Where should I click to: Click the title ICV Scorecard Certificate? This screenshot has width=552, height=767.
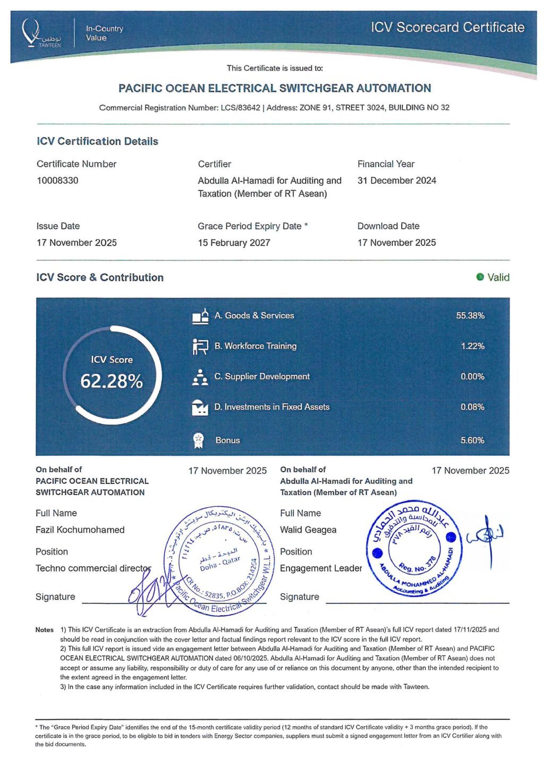[447, 28]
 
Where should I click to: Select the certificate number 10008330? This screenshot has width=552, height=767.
[57, 181]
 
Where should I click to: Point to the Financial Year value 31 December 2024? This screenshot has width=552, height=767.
[396, 181]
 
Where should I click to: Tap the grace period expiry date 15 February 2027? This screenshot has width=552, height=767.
[234, 243]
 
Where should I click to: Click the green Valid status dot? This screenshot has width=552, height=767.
[480, 277]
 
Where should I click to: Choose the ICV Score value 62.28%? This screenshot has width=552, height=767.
[112, 381]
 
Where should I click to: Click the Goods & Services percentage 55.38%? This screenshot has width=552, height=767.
[470, 316]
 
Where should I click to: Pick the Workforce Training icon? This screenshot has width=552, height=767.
[200, 346]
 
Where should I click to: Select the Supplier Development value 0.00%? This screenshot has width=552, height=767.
[472, 377]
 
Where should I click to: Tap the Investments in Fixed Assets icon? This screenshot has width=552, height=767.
[199, 407]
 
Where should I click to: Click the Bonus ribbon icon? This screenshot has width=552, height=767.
[199, 440]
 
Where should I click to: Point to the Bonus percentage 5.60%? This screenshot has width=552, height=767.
[472, 440]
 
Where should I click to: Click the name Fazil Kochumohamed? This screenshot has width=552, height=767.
[80, 530]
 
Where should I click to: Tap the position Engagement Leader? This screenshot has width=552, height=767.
[320, 568]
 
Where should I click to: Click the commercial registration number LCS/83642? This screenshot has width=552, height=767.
[241, 108]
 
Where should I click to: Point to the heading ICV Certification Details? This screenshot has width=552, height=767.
[97, 141]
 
